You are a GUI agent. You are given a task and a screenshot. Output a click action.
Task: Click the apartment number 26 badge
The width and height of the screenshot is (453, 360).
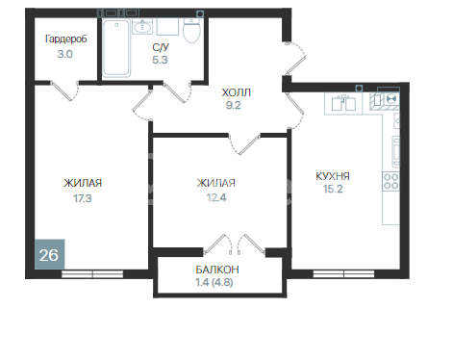tap(46, 255)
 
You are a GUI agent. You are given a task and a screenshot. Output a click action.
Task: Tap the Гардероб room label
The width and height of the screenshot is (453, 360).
tap(65, 39)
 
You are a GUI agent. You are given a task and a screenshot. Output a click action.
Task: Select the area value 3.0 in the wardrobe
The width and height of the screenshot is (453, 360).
tap(65, 55)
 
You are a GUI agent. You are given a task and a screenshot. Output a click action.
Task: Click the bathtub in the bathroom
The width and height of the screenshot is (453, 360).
tap(118, 48)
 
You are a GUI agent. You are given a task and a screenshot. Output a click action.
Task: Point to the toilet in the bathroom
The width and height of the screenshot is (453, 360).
tap(192, 35)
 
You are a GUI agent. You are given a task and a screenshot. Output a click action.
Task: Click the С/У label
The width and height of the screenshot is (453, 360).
tap(162, 45)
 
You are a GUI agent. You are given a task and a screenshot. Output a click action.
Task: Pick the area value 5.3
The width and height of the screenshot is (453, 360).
tap(162, 59)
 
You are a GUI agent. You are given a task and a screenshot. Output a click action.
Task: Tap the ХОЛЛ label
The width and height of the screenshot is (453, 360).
tap(237, 92)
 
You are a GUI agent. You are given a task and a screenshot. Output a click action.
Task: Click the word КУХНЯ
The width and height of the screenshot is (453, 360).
tap(332, 176)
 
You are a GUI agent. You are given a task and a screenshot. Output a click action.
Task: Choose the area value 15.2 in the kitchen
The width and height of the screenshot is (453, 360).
tap(332, 191)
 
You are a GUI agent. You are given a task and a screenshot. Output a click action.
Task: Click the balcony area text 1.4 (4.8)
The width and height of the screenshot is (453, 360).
tap(220, 282)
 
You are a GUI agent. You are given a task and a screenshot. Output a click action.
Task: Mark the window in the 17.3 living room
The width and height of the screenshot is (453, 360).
tap(88, 272)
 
